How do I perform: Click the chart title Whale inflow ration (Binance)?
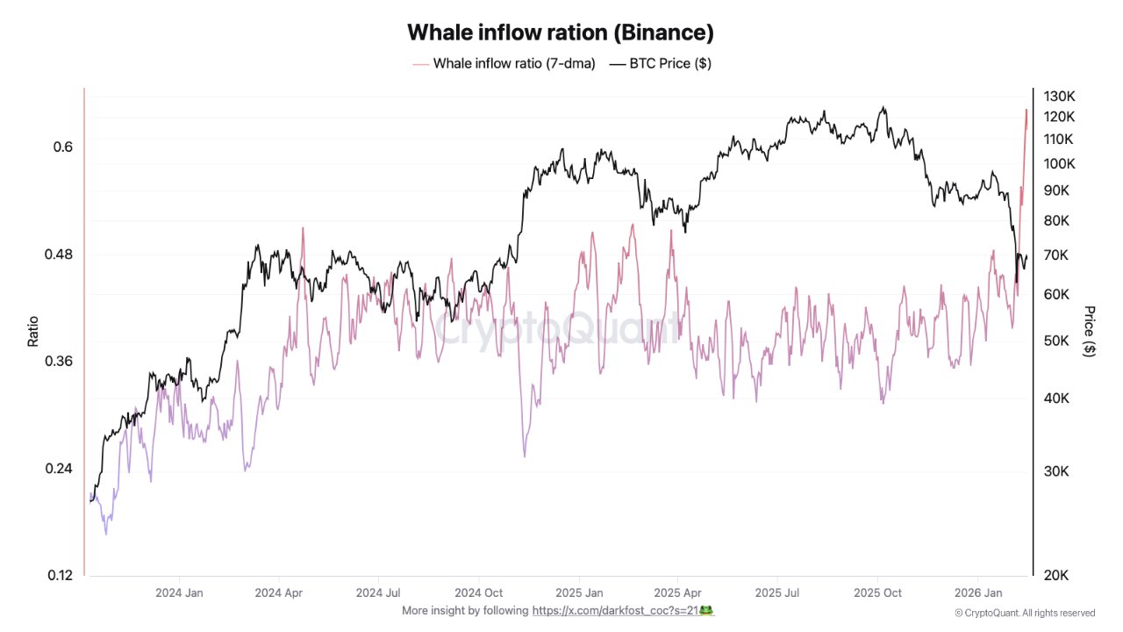[561, 32]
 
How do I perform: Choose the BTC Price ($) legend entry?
[660, 63]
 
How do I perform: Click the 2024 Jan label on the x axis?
[179, 592]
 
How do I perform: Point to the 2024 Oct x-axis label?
[480, 592]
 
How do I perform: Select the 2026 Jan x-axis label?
[979, 592]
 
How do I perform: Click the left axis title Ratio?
[33, 331]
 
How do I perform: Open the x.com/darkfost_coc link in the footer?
[615, 610]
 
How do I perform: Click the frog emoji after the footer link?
[706, 610]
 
